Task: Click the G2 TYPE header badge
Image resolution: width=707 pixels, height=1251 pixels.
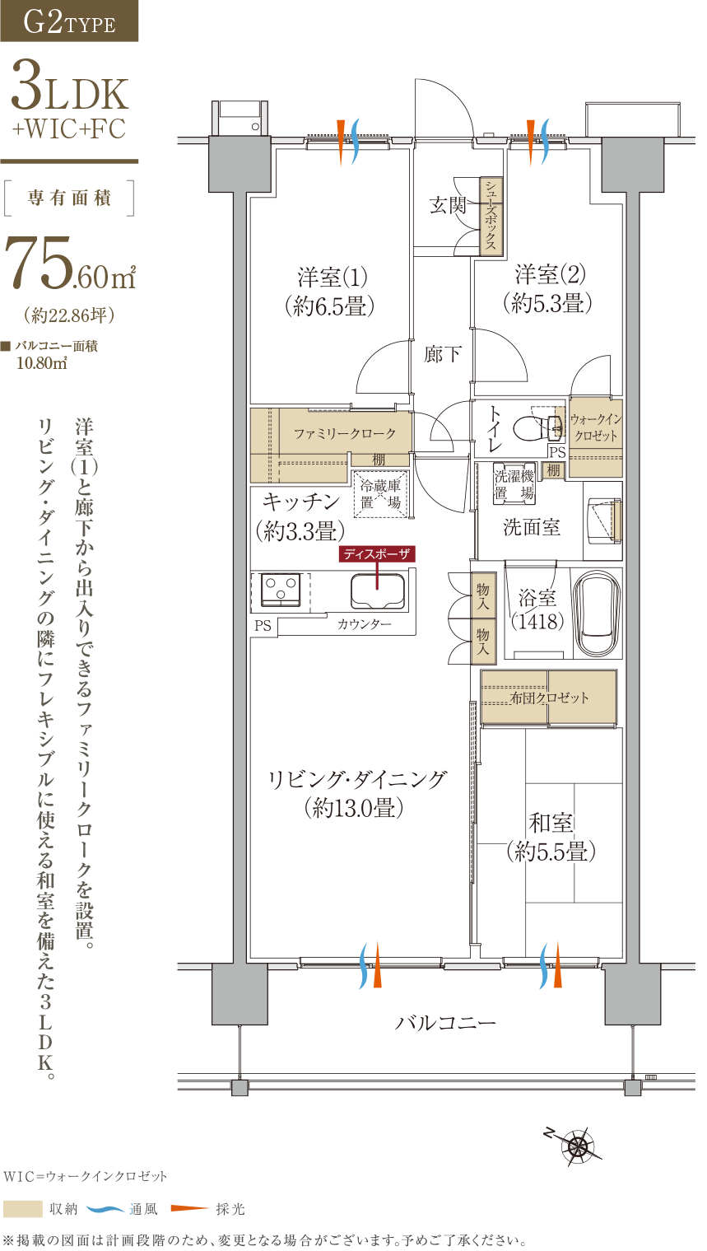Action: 69,21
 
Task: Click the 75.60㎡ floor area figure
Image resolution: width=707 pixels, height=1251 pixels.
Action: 70,263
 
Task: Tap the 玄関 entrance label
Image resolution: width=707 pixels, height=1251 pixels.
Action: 448,206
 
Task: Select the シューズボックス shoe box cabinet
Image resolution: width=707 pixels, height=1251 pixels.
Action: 491,216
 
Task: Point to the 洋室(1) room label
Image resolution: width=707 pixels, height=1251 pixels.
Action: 332,277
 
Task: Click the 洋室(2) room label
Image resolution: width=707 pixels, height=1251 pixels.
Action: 550,274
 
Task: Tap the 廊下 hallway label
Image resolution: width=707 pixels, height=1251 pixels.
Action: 443,354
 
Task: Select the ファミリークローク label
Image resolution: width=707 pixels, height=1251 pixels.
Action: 345,433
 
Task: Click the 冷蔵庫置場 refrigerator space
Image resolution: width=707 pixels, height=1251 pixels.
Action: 381,494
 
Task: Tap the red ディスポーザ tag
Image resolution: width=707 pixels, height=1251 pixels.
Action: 377,554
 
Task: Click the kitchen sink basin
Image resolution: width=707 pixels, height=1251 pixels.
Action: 377,590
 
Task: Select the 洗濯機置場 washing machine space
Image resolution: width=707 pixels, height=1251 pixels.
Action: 514,483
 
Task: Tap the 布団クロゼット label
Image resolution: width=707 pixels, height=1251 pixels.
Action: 549,698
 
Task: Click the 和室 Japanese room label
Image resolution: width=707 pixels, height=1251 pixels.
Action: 551,823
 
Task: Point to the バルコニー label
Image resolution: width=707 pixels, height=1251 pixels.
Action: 445,1023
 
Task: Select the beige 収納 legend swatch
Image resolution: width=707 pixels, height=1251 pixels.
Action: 23,1209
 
